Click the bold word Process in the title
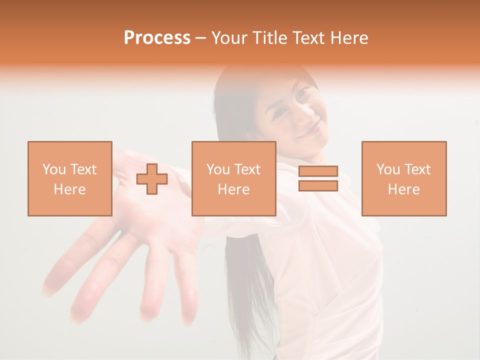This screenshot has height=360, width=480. coord(157,38)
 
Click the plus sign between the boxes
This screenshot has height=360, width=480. coord(152,179)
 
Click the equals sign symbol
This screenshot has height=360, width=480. coord(318,178)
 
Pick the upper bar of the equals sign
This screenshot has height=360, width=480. coord(318,171)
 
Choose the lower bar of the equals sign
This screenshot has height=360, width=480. coord(318,185)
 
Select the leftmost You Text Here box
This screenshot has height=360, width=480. coord(69,178)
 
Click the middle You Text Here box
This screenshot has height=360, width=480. coord(233,178)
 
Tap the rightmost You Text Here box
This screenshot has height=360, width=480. coord(403,178)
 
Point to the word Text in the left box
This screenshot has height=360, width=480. coord(83,169)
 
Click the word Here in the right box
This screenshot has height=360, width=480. coord(403,189)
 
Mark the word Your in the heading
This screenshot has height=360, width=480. coord(230,38)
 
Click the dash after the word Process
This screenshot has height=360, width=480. coord(201,38)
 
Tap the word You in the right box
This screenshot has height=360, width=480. coord(388,169)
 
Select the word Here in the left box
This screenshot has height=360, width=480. coord(69,189)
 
